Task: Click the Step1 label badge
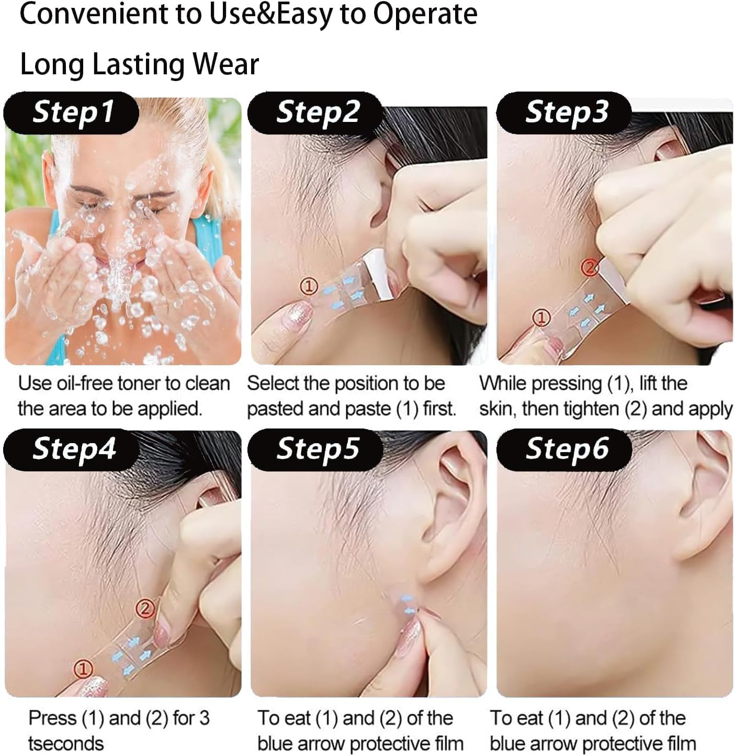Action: [x=72, y=112]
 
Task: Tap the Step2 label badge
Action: [x=316, y=112]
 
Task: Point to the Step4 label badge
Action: [x=73, y=449]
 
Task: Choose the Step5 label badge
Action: [x=316, y=449]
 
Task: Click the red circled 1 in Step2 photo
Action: [x=309, y=286]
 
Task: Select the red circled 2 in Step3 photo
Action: [x=590, y=268]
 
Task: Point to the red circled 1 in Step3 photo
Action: [x=542, y=317]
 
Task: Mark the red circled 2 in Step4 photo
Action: [x=145, y=608]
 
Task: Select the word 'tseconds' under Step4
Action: [x=65, y=743]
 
